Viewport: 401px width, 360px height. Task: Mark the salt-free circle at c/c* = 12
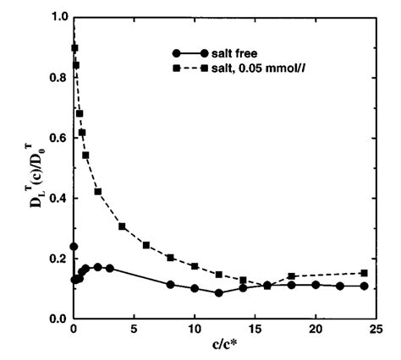219,292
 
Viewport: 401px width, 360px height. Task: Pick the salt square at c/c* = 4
122,226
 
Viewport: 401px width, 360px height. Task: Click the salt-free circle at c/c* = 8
170,284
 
